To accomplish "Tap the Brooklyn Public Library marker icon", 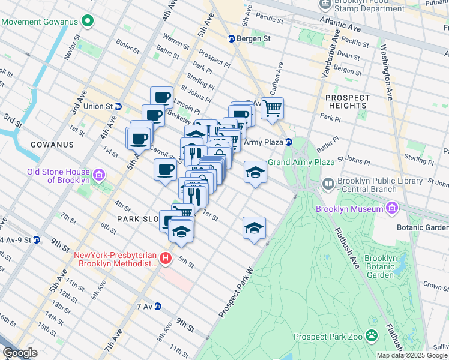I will (x=328, y=184).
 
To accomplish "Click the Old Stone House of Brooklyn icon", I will (x=100, y=175).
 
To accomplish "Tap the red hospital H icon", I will (x=166, y=259).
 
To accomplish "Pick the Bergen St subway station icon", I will (x=232, y=39).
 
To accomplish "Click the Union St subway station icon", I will (x=119, y=107).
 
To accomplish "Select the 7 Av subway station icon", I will (x=158, y=306).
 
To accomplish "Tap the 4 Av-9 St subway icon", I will (x=37, y=240).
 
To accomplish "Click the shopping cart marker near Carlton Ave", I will (x=272, y=109).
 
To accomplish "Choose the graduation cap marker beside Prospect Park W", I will (x=254, y=228).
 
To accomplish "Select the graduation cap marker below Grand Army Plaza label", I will (x=255, y=173).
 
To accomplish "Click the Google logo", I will (x=20, y=353).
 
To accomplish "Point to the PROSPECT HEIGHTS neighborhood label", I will (x=346, y=101).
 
